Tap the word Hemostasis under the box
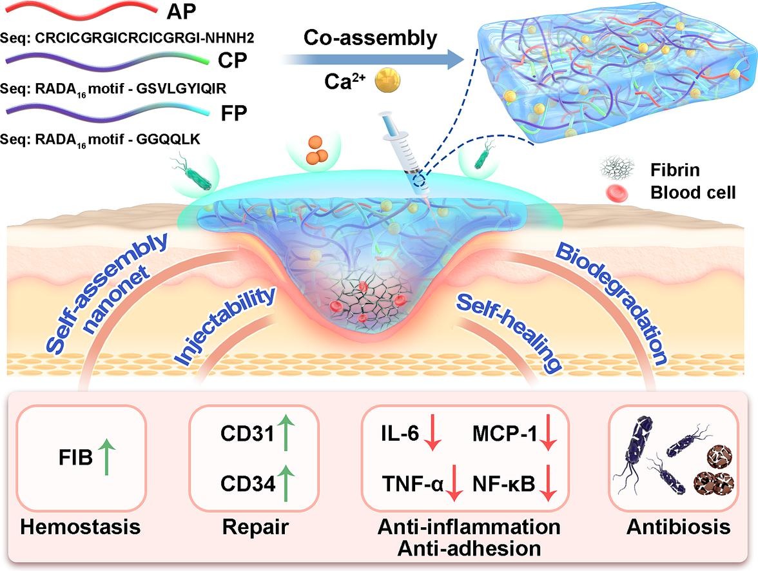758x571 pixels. pyautogui.click(x=80, y=527)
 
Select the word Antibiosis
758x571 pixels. pyautogui.click(x=678, y=527)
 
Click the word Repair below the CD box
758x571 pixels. pyautogui.click(x=255, y=527)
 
